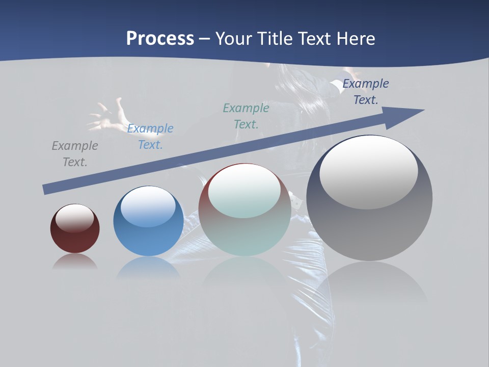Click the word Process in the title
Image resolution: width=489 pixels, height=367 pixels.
pos(160,39)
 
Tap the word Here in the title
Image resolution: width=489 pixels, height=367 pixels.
pos(355,39)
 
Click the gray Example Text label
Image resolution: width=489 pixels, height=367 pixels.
pos(75,154)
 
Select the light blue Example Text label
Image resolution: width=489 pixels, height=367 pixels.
pos(150,137)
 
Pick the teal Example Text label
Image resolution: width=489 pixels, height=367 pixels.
pos(246,116)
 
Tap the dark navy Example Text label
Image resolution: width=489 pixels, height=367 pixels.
pos(366,92)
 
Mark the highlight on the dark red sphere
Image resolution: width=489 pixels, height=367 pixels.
pos(75,219)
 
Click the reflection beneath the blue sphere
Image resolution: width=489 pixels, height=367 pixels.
pos(148,268)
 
